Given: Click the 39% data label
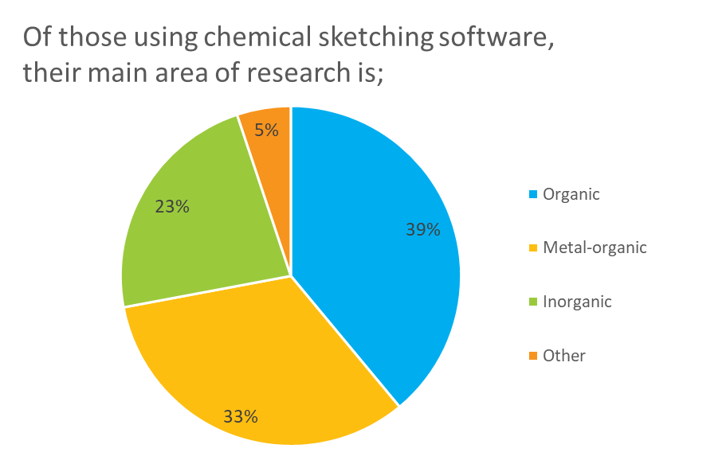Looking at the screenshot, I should [x=422, y=230].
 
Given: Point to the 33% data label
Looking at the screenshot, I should [x=241, y=416].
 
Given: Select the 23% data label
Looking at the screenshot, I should [x=172, y=207].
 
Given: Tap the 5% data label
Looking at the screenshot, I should [x=266, y=130].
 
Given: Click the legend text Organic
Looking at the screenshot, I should [x=571, y=194].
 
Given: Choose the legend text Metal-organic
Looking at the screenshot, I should [x=595, y=248].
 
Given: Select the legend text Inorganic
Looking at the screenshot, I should [x=577, y=302].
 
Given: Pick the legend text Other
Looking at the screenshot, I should [x=564, y=356].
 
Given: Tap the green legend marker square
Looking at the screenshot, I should [x=533, y=302].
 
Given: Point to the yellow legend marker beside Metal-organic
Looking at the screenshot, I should [x=533, y=248].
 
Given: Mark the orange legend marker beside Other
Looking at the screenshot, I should [x=533, y=357].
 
